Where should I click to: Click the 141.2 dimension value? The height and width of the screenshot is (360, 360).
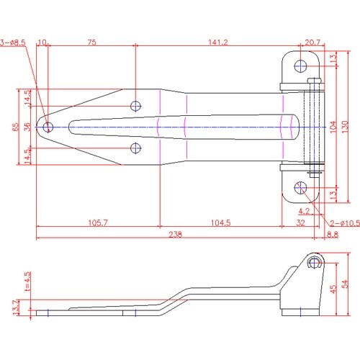(x=218, y=42)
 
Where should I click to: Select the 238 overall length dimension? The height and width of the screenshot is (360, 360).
(x=176, y=234)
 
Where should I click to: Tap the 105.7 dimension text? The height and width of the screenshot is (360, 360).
(x=98, y=222)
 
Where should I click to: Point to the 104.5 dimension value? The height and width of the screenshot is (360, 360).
(x=220, y=222)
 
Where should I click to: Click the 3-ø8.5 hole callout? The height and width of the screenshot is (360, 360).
(x=12, y=42)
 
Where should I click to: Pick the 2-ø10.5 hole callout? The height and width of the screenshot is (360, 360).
(x=345, y=223)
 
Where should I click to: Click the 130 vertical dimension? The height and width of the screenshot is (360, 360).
(x=345, y=127)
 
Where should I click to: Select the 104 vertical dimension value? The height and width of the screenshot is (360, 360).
(x=333, y=127)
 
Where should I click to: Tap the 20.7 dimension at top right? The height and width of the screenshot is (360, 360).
(x=312, y=42)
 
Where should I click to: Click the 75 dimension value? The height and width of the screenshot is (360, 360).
(x=91, y=42)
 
